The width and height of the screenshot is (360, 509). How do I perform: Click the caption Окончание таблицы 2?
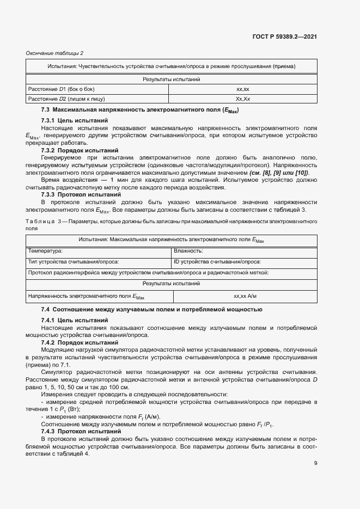tap(55, 53)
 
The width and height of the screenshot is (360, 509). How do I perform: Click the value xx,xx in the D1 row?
tap(242, 89)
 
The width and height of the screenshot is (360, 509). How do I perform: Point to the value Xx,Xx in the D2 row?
tap(242, 99)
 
